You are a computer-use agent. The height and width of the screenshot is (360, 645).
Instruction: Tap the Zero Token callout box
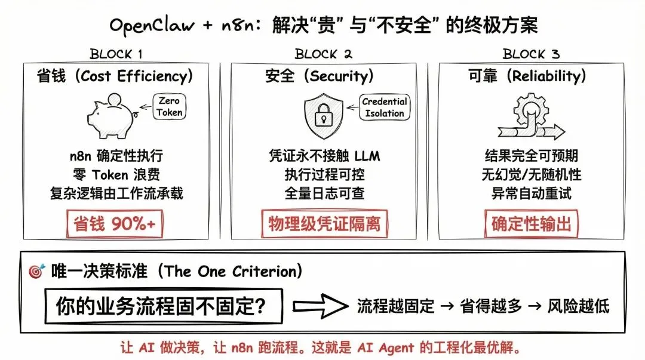pos(170,107)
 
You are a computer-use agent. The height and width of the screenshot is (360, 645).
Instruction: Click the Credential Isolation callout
pos(384,107)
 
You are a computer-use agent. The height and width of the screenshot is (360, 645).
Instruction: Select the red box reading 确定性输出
pos(531,224)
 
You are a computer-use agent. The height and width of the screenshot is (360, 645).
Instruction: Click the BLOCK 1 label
pos(116,54)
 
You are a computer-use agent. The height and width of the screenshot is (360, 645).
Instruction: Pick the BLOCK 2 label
pos(324,54)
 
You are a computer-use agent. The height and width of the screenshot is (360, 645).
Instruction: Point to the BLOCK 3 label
pos(531,54)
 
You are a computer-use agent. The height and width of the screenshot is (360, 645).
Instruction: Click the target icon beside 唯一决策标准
pos(36,272)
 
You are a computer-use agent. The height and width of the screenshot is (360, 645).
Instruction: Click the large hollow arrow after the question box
pos(321,307)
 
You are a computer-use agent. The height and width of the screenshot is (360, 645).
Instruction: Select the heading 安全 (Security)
pos(320,76)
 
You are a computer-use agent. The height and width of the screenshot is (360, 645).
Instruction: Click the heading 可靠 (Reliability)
pos(526,76)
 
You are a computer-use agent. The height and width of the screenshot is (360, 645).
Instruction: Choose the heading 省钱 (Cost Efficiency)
pos(115,76)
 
